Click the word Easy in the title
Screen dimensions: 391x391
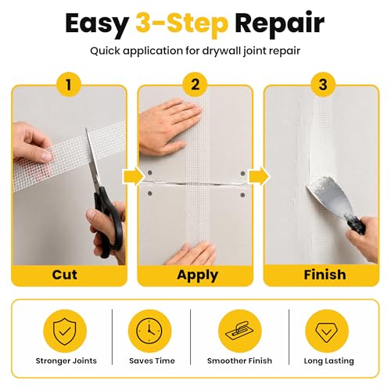click(97, 24)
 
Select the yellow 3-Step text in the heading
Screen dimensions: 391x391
click(182, 24)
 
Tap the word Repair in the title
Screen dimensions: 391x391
click(280, 24)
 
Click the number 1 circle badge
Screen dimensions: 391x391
click(69, 84)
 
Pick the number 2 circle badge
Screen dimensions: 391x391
click(195, 84)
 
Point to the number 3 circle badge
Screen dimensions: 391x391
click(323, 84)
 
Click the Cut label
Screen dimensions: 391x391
click(64, 274)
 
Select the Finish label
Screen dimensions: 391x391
click(325, 274)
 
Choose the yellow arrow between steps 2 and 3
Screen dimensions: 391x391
click(259, 177)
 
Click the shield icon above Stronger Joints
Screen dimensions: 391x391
click(65, 331)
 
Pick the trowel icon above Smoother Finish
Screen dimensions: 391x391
click(239, 331)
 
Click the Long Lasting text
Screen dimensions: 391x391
click(328, 361)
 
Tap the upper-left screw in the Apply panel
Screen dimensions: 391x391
click(150, 173)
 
